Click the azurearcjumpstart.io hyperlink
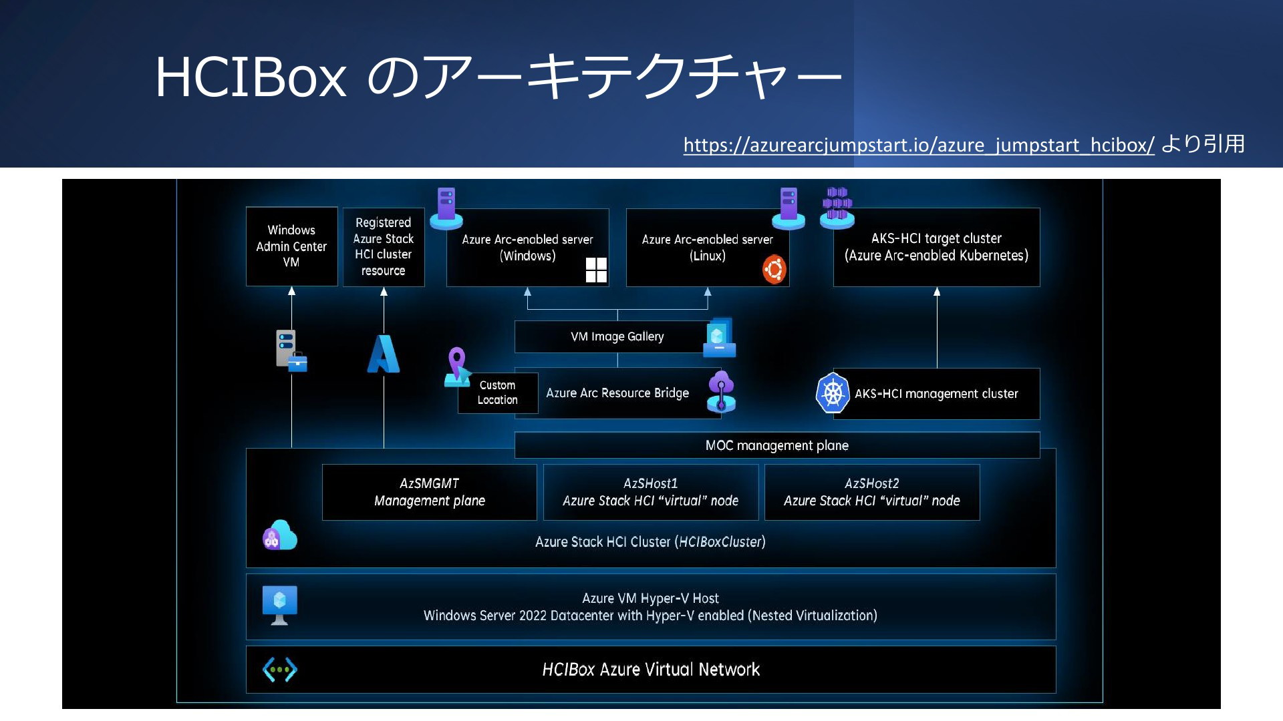pos(919,145)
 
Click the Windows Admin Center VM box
pos(291,246)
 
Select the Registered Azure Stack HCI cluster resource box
pos(384,247)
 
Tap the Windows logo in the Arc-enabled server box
pos(596,270)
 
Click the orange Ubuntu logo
pos(774,270)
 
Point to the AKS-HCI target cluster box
pos(936,247)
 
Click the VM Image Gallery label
pos(617,336)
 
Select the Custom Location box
pos(498,393)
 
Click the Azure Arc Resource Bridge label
pos(617,393)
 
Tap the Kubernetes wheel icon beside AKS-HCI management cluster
pos(833,393)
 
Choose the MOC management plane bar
pos(777,445)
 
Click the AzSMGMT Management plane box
pos(430,492)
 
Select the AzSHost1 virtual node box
pos(651,492)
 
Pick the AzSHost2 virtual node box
pos(872,492)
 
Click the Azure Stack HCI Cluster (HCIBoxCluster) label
pos(650,541)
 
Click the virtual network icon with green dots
pos(280,670)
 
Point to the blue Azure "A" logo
pos(384,353)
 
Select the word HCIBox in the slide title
pos(251,77)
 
